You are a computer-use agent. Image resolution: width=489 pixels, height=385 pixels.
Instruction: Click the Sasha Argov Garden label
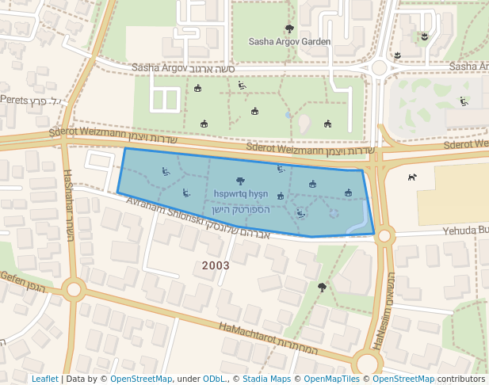[x=289, y=41]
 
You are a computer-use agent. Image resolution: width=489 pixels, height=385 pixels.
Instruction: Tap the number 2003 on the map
[x=216, y=265]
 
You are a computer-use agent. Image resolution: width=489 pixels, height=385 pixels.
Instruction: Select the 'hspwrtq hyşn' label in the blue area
[x=241, y=193]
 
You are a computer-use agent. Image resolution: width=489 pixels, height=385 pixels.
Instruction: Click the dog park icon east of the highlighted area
[x=411, y=177]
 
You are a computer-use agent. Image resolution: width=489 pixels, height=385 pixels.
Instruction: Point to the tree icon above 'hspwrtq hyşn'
[x=241, y=181]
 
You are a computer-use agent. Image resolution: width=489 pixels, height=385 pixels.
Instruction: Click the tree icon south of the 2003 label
[x=322, y=288]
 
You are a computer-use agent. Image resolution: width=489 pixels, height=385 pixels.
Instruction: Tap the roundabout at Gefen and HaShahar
[x=74, y=289]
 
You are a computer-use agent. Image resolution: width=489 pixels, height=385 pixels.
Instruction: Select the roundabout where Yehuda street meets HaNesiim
[x=385, y=235]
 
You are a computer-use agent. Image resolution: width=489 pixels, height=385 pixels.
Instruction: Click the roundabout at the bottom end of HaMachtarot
[x=367, y=364]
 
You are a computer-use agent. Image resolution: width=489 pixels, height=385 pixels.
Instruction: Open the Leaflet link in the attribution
[x=45, y=379]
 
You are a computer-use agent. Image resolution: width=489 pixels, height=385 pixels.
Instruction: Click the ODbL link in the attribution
[x=214, y=379]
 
